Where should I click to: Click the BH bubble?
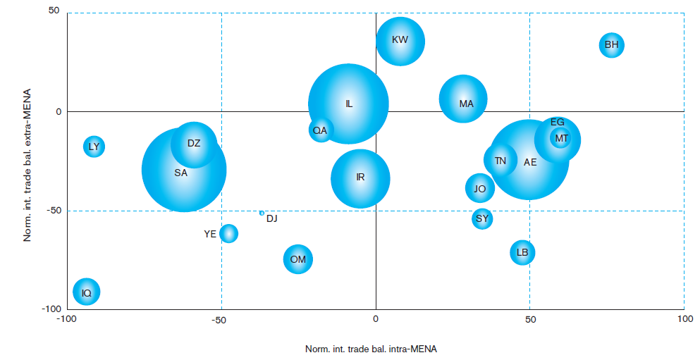[612, 45]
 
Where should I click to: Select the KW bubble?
[400, 42]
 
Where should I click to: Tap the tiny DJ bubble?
[262, 213]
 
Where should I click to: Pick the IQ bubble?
[87, 292]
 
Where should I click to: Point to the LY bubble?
[94, 147]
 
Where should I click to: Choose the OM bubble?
[297, 259]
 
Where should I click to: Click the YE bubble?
[228, 233]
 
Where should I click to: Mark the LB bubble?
[522, 252]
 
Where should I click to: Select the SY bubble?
[482, 218]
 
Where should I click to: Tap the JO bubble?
[480, 188]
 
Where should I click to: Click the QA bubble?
[321, 130]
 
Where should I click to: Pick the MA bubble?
[463, 99]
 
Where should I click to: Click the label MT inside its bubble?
[562, 138]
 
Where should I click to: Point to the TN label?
[501, 161]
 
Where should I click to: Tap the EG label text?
[558, 122]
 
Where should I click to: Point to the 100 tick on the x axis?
[684, 319]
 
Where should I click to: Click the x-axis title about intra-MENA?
[371, 349]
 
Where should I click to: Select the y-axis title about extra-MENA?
[27, 165]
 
